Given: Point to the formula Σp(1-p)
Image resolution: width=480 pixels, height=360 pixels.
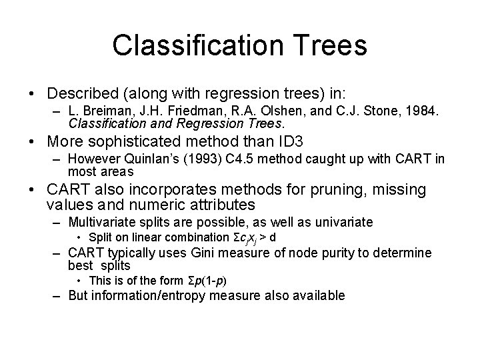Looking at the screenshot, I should [x=207, y=281].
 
